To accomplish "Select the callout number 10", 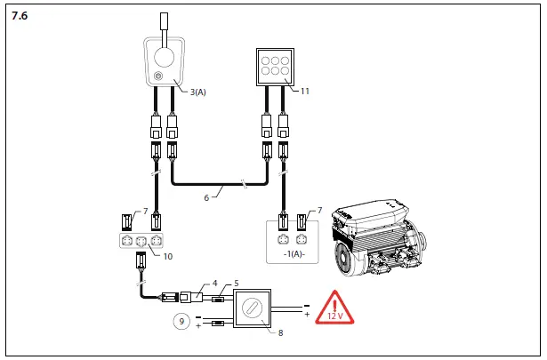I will coord(168,256).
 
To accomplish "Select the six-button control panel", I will coord(271,66).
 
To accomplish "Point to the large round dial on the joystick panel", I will coord(163,58).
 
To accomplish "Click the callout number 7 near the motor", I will coord(319,210).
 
